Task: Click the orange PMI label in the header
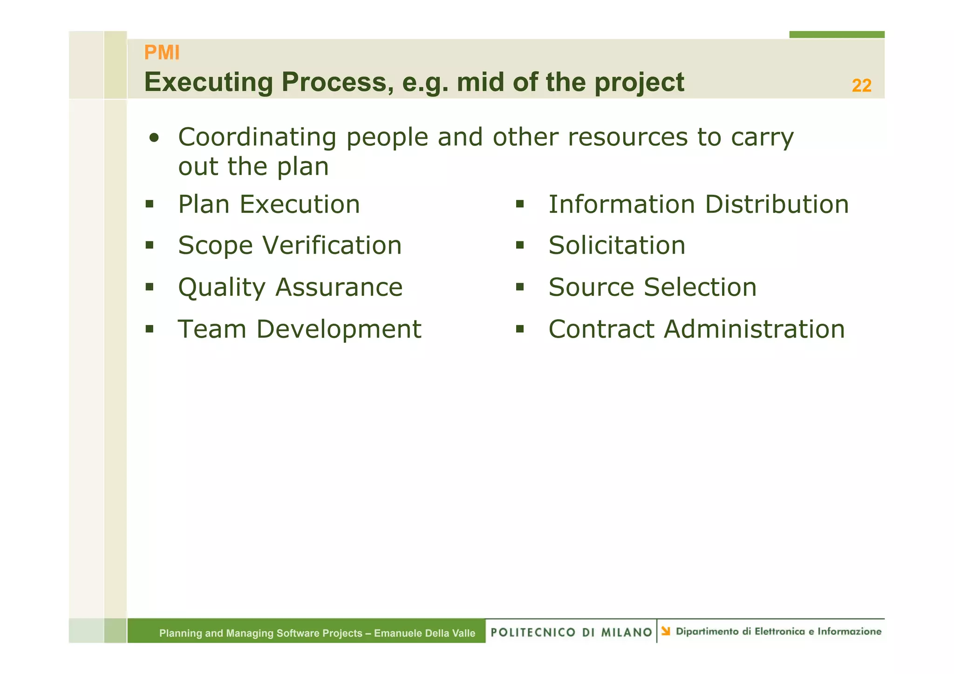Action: coord(162,53)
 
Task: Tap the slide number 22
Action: coord(861,86)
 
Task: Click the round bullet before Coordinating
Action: coord(154,138)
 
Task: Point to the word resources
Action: coord(627,137)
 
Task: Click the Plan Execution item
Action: coord(269,204)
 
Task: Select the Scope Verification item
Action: coord(289,245)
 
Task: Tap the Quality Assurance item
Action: coord(290,287)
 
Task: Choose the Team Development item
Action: coord(299,329)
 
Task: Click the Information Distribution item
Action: coord(698,204)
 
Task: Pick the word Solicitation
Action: coord(616,245)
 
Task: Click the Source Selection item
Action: coord(652,287)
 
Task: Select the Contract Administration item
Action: coord(696,329)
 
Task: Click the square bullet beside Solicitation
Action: coord(520,245)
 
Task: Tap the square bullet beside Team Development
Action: coord(149,329)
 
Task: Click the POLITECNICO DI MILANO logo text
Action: coord(571,632)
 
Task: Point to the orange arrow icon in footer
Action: coord(666,631)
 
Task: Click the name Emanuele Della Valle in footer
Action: coord(424,633)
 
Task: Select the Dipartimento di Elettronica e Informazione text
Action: coord(778,632)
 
